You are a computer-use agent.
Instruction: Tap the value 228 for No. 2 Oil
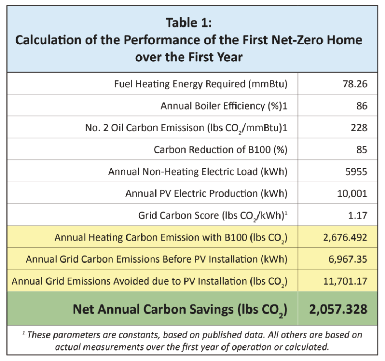(359, 128)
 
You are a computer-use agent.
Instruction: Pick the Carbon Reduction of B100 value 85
(362, 149)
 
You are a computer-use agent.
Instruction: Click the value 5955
(357, 171)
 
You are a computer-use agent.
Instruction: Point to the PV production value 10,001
(352, 193)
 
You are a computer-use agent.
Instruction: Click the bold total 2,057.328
(338, 309)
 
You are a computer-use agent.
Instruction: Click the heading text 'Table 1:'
(189, 23)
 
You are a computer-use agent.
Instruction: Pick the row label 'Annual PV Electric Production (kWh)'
(206, 193)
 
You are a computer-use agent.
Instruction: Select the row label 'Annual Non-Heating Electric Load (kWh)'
(198, 171)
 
